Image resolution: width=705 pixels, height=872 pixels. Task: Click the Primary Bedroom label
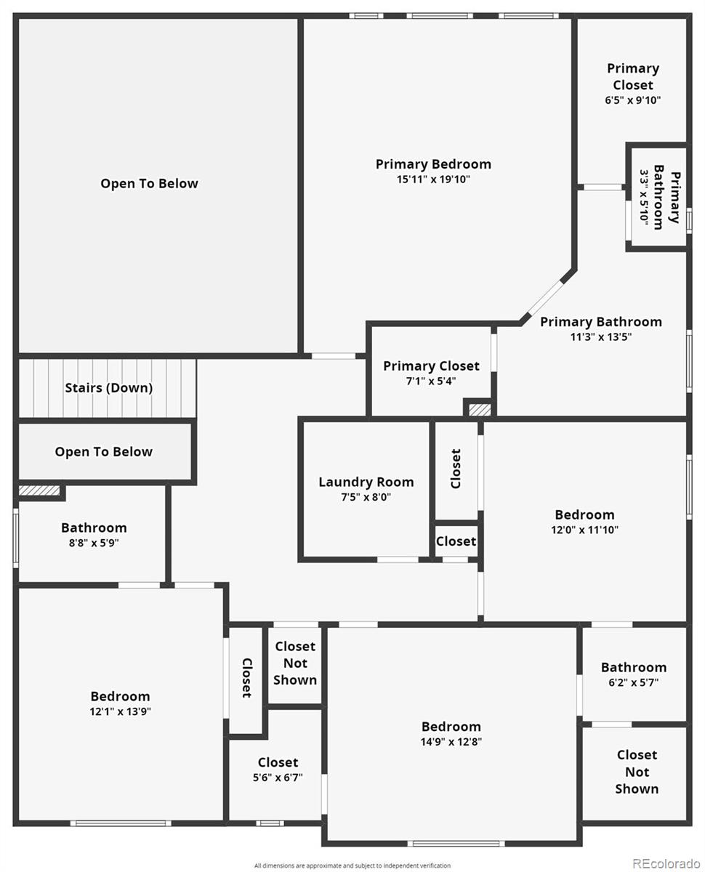pyautogui.click(x=432, y=164)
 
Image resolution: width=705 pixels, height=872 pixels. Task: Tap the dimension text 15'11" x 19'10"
pyautogui.click(x=432, y=179)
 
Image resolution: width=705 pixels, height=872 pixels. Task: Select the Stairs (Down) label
pyautogui.click(x=109, y=387)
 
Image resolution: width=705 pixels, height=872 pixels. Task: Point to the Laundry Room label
pyautogui.click(x=366, y=482)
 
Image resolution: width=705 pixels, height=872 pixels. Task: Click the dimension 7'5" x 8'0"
pyautogui.click(x=366, y=496)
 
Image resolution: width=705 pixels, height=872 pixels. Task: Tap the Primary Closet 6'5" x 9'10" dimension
pyautogui.click(x=632, y=100)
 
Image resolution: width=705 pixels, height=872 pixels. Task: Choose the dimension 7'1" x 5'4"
pyautogui.click(x=431, y=381)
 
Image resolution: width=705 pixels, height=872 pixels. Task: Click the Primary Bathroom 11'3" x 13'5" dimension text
pyautogui.click(x=600, y=336)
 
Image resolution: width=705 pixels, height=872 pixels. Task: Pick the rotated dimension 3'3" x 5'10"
pyautogui.click(x=644, y=198)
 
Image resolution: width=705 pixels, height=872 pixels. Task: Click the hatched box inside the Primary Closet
pyautogui.click(x=480, y=410)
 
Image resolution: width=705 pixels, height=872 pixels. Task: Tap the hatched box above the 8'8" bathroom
pyautogui.click(x=39, y=490)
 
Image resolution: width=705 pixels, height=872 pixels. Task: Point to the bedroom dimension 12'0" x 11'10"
pyautogui.click(x=584, y=529)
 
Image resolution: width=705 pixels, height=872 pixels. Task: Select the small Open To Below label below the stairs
pyautogui.click(x=104, y=451)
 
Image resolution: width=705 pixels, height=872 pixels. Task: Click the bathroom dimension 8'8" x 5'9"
pyautogui.click(x=94, y=542)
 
